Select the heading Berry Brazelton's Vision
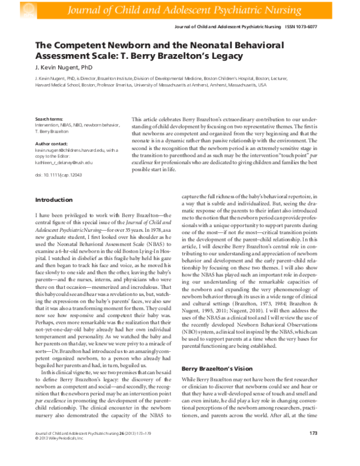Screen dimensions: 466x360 pos(217,368)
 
